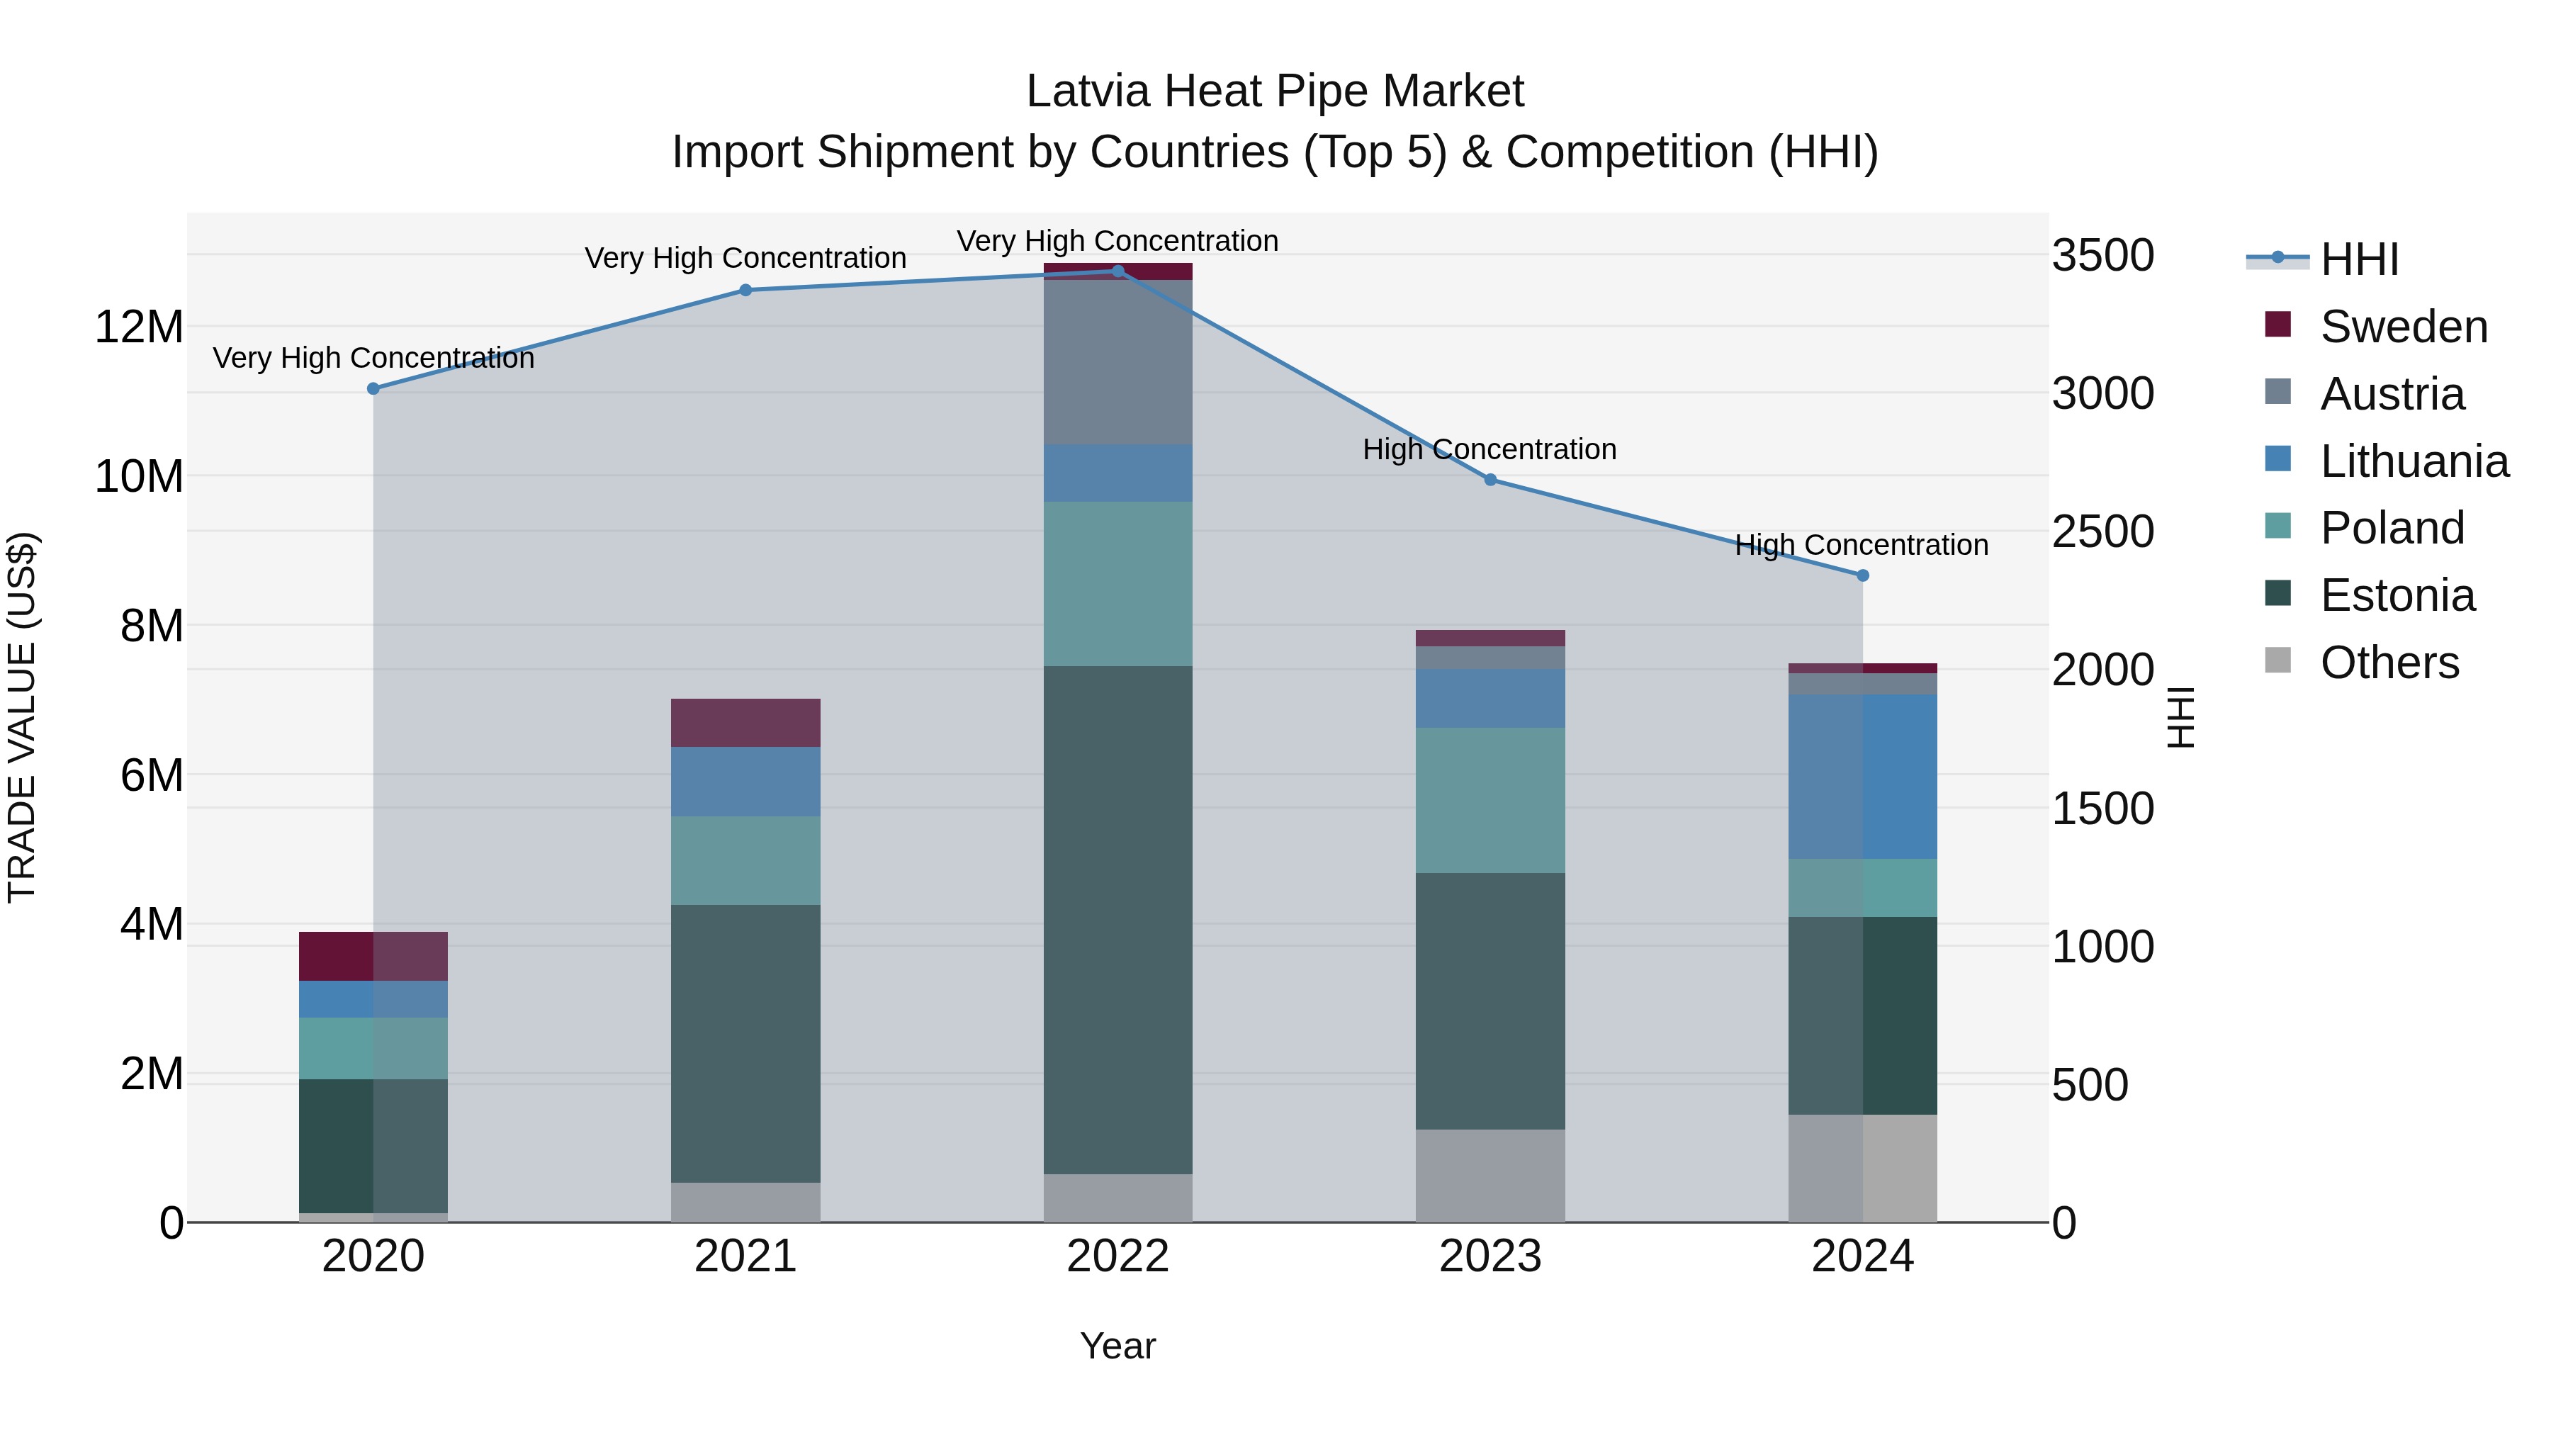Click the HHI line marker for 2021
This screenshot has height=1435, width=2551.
[745, 290]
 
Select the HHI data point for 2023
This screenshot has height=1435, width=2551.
[1490, 479]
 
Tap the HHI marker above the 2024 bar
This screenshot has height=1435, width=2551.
[1863, 575]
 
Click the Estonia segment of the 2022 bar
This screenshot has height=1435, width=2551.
[1118, 919]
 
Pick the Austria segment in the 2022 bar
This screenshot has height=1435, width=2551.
[1118, 362]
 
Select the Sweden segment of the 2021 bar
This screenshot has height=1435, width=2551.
[745, 723]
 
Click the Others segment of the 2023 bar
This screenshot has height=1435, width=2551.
[1490, 1176]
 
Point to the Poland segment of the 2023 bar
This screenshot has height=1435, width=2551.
[1490, 800]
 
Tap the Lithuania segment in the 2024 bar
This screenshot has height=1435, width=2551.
[1863, 777]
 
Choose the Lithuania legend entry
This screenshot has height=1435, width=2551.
[2414, 461]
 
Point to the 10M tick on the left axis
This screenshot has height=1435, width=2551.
[139, 476]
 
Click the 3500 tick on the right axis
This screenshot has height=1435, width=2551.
[2102, 256]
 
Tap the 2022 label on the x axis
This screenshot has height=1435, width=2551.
[1118, 1256]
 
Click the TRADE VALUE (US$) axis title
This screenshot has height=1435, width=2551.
[22, 717]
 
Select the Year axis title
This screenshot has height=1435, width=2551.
[1118, 1346]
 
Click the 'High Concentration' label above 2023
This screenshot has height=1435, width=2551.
[1490, 449]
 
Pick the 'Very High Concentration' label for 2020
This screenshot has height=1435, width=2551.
[373, 358]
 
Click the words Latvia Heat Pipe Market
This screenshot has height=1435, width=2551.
[1275, 91]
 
